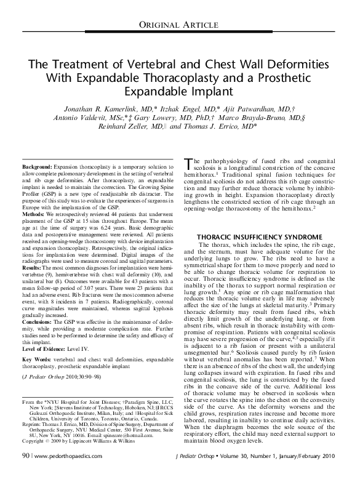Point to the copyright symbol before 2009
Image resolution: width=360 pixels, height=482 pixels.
point(24,457)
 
